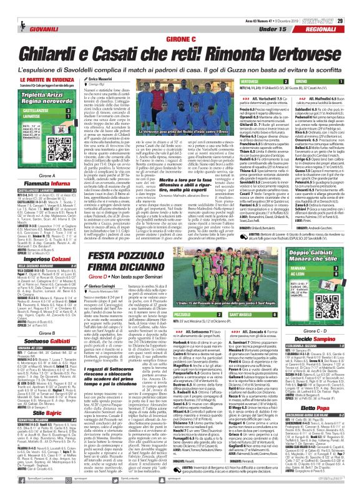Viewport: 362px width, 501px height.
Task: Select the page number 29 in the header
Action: click(355, 6)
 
